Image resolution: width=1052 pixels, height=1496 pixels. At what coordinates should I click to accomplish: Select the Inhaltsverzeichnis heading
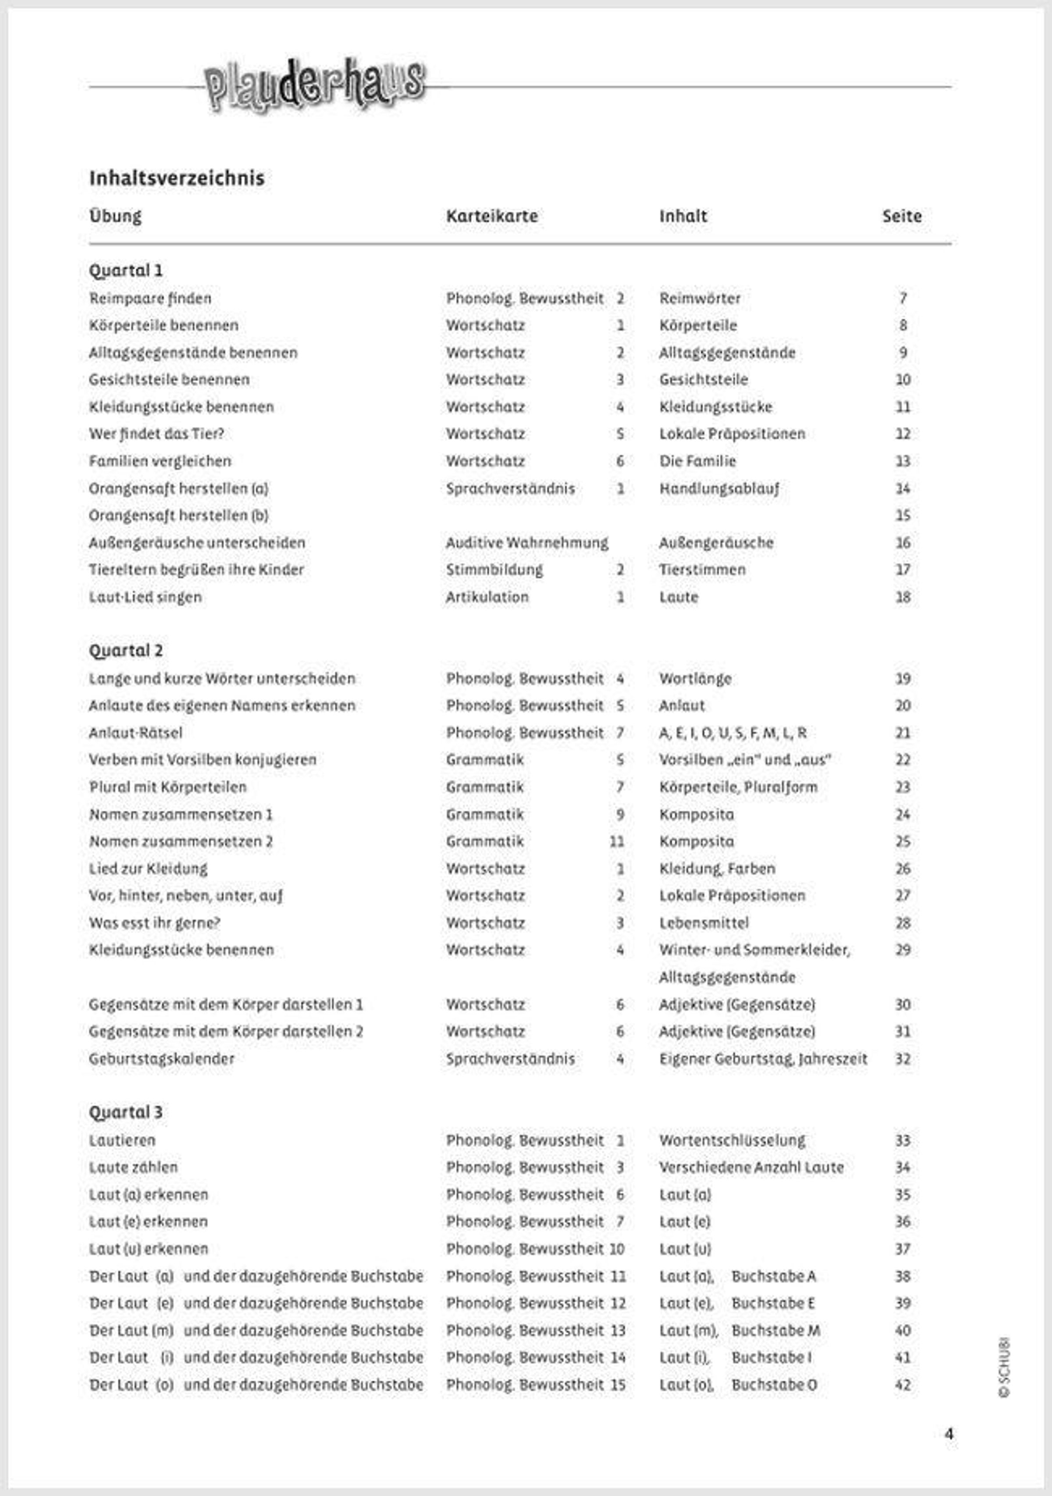pyautogui.click(x=177, y=178)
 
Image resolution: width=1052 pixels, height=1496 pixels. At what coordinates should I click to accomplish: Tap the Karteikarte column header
pyautogui.click(x=492, y=216)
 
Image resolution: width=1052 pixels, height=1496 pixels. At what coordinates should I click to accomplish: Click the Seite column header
pyautogui.click(x=902, y=216)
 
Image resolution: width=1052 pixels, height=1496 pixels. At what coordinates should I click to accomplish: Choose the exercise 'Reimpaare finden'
pyautogui.click(x=150, y=299)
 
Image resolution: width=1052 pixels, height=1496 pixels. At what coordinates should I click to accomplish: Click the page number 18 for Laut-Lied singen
pyautogui.click(x=902, y=597)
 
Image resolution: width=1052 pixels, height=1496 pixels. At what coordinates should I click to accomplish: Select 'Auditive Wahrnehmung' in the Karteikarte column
pyautogui.click(x=527, y=543)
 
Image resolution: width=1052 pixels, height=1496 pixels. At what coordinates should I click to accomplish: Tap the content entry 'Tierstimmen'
pyautogui.click(x=702, y=570)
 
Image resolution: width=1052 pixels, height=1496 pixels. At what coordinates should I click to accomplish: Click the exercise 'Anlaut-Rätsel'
pyautogui.click(x=135, y=733)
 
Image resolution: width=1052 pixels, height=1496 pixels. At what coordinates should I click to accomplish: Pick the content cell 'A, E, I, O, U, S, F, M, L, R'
pyautogui.click(x=733, y=733)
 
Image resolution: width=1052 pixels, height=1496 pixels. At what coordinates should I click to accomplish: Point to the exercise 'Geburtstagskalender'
pyautogui.click(x=162, y=1059)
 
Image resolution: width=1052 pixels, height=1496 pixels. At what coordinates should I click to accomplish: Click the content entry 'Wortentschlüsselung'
pyautogui.click(x=732, y=1140)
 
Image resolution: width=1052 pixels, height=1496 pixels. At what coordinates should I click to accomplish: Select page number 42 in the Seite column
pyautogui.click(x=902, y=1385)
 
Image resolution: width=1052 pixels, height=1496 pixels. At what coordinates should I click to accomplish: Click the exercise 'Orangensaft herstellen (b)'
pyautogui.click(x=178, y=515)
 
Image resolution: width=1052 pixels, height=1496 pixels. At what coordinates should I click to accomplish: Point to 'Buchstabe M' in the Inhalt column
pyautogui.click(x=775, y=1331)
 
